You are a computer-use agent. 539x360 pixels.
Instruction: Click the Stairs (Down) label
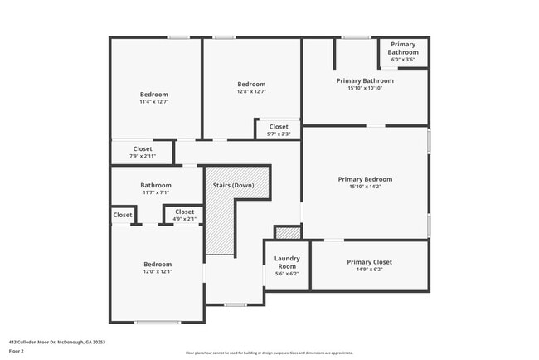pyautogui.click(x=233, y=184)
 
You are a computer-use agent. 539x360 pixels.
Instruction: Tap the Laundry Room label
pyautogui.click(x=287, y=261)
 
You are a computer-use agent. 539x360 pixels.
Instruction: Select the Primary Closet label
pyautogui.click(x=369, y=262)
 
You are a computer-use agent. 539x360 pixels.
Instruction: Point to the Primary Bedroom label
pyautogui.click(x=365, y=179)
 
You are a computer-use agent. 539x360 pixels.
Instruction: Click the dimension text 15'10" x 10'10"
pyautogui.click(x=365, y=88)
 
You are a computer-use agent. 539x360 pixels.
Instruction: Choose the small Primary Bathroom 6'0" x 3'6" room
pyautogui.click(x=403, y=51)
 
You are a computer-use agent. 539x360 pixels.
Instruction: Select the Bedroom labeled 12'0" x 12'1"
pyautogui.click(x=157, y=268)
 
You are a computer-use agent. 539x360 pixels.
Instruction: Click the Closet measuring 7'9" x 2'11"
pyautogui.click(x=142, y=152)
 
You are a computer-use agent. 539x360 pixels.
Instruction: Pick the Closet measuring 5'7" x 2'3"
pyautogui.click(x=279, y=129)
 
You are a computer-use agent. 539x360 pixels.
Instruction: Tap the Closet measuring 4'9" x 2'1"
pyautogui.click(x=184, y=215)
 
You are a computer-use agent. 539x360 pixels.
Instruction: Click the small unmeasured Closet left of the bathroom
pyautogui.click(x=123, y=215)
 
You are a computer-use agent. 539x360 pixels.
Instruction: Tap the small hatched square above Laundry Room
pyautogui.click(x=287, y=233)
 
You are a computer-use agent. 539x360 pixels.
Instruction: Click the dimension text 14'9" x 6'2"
pyautogui.click(x=369, y=270)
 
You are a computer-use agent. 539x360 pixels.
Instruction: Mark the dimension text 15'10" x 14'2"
pyautogui.click(x=365, y=187)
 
